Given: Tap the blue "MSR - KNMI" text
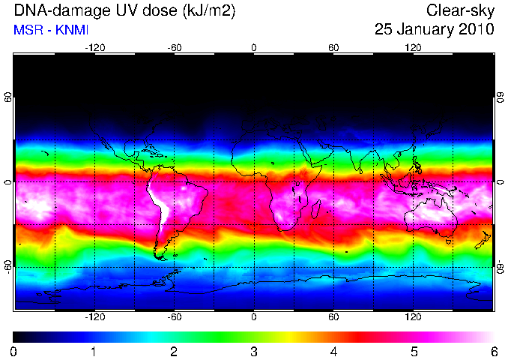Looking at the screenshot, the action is click(51, 30).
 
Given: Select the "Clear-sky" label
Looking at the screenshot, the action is click(460, 11).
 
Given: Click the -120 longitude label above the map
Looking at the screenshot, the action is click(95, 48).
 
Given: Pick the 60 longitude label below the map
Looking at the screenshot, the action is click(333, 316).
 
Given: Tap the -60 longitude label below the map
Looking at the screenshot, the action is click(175, 316).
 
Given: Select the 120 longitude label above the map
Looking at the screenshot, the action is click(413, 48).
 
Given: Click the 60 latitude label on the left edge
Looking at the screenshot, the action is click(7, 97).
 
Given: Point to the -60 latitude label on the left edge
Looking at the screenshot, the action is click(7, 267).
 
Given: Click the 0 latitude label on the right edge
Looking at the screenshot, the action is click(501, 182).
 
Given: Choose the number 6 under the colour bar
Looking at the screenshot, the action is click(494, 352).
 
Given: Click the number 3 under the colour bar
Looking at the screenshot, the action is click(254, 352).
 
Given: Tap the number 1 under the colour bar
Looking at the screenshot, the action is click(94, 352).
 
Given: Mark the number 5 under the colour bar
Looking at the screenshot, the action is click(414, 352).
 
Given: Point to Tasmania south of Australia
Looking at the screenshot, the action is click(448, 241).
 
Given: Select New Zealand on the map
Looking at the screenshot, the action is click(483, 240).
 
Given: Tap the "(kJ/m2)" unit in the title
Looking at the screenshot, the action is click(209, 11).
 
